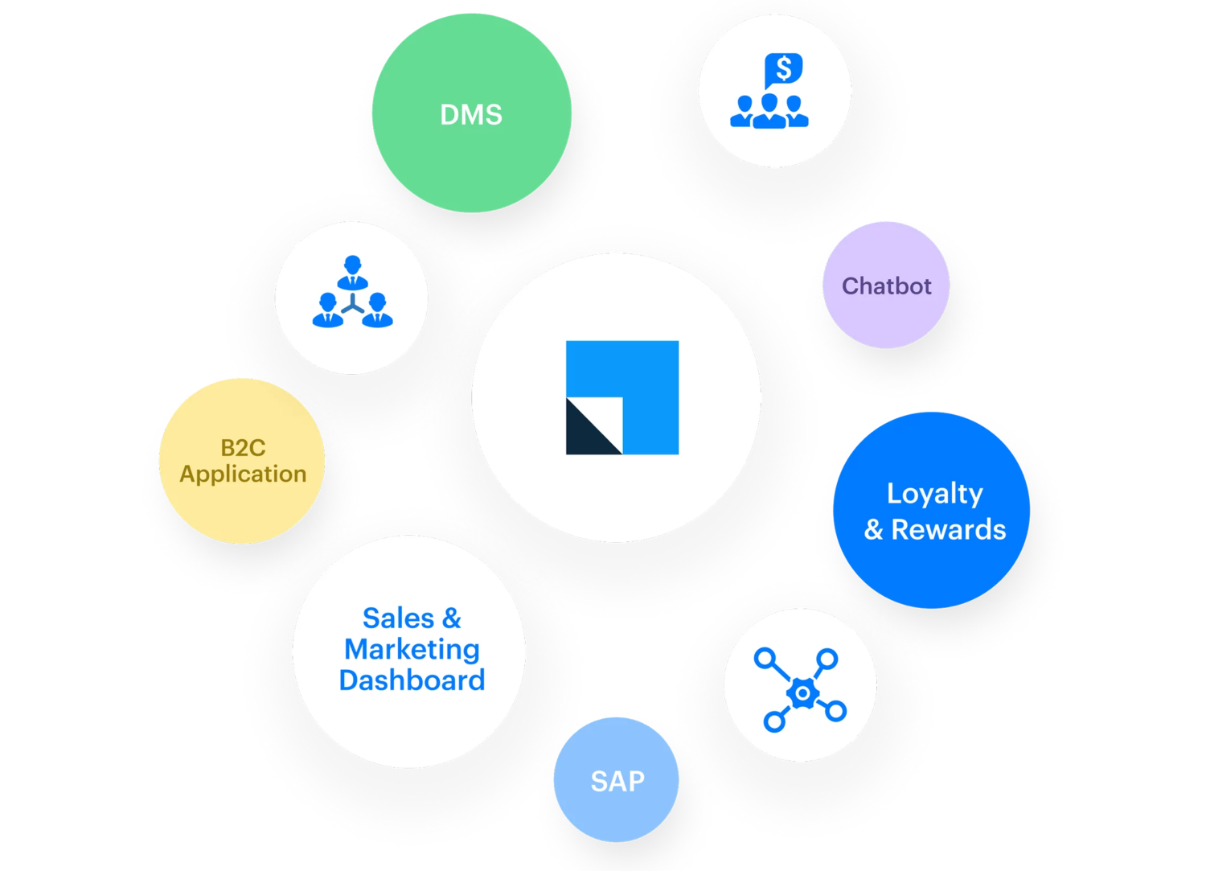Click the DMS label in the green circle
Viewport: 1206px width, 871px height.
click(x=471, y=115)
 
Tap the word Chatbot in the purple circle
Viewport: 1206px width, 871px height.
click(x=886, y=286)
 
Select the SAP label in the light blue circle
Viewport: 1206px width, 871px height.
click(x=617, y=781)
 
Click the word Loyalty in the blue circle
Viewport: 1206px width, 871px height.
click(x=934, y=494)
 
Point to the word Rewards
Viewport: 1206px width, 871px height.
click(x=949, y=530)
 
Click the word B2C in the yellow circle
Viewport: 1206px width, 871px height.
click(x=243, y=447)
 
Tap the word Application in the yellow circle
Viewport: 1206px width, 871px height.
click(x=243, y=475)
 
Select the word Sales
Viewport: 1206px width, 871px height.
click(x=398, y=618)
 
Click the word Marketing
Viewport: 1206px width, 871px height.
click(x=412, y=649)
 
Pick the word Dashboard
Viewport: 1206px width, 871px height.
click(x=412, y=680)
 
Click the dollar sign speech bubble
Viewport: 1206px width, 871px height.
click(x=783, y=69)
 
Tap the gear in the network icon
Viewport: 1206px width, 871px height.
click(x=801, y=692)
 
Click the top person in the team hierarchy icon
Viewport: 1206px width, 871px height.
click(x=351, y=272)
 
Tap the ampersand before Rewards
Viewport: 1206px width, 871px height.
click(x=873, y=530)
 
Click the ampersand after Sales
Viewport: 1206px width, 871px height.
click(x=452, y=618)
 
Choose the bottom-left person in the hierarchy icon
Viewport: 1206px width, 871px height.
click(x=327, y=310)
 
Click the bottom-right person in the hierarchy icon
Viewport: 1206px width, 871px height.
click(x=376, y=310)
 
